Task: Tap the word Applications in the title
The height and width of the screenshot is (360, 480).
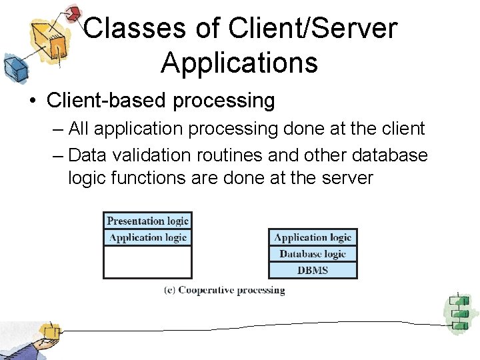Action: tap(239, 63)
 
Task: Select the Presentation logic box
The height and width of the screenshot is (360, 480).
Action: tap(147, 221)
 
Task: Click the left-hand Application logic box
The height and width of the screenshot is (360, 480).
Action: tap(147, 237)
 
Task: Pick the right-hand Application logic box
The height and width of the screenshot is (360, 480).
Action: tap(313, 237)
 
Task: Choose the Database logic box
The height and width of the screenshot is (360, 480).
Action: tap(313, 254)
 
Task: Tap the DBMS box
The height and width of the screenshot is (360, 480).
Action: tap(313, 270)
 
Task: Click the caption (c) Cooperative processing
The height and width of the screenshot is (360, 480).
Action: tap(225, 291)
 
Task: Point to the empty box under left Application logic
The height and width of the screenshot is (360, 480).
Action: tap(147, 261)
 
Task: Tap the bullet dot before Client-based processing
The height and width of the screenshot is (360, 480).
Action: tap(31, 101)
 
